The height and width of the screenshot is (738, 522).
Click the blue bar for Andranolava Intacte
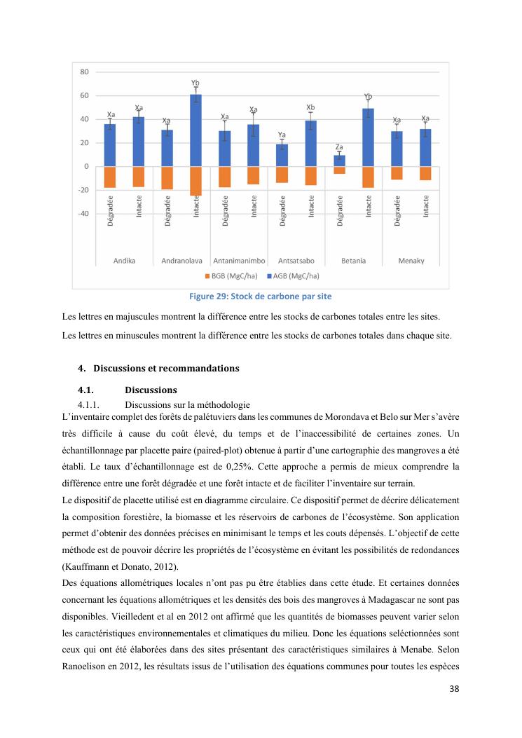tap(196, 131)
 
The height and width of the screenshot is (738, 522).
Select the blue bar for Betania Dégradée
tap(339, 161)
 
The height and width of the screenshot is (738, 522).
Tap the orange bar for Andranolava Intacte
tap(196, 181)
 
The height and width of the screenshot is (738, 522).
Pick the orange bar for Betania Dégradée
tap(339, 170)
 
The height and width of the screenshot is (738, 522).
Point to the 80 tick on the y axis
tap(83, 71)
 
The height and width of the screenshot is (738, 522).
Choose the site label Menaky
tap(411, 261)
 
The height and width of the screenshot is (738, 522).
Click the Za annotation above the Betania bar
tap(339, 146)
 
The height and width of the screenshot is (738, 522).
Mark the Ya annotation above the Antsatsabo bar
tap(282, 135)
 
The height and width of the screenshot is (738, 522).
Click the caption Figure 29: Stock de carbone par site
tap(261, 295)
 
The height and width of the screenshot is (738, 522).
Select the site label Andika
tap(124, 261)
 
